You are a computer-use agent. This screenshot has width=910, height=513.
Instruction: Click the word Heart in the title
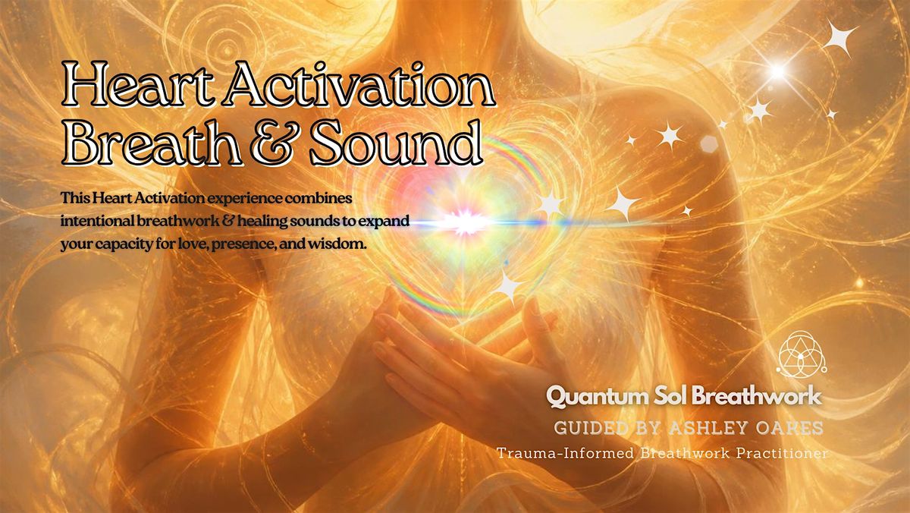coord(137,83)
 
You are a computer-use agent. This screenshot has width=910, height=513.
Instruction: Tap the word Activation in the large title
coord(360,83)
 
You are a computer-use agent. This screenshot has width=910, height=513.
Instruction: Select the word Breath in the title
coord(153,142)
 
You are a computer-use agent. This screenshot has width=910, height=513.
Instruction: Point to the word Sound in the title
coord(396,142)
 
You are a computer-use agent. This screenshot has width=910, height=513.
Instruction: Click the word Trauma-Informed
coord(565,453)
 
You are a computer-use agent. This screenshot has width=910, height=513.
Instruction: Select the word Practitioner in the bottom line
coord(782,453)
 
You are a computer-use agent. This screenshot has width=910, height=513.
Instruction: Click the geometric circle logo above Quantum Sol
coord(802,354)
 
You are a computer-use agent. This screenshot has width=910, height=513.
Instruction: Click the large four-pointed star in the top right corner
coord(839,38)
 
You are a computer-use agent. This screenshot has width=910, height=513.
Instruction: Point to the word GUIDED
coord(589,428)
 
